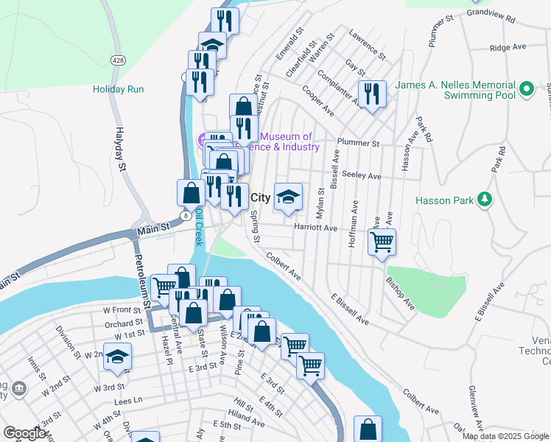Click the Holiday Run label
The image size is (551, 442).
pyautogui.click(x=118, y=89)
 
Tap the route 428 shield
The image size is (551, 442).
pyautogui.click(x=117, y=60)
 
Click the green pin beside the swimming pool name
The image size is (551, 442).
pyautogui.click(x=526, y=90)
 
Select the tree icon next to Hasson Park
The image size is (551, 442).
pyautogui.click(x=484, y=199)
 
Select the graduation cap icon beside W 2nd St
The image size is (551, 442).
pyautogui.click(x=116, y=357)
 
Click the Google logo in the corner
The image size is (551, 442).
pyautogui.click(x=24, y=434)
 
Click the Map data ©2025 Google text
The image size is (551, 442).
pyautogui.click(x=506, y=436)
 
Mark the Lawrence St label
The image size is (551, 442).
pyautogui.click(x=367, y=44)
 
